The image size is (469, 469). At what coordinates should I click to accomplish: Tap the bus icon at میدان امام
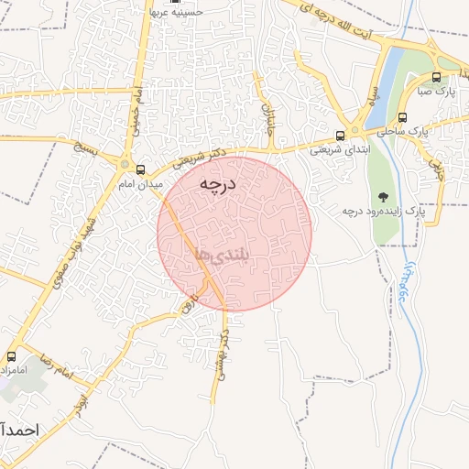point(140,169)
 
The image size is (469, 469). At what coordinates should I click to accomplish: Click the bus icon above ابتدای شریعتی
point(341,136)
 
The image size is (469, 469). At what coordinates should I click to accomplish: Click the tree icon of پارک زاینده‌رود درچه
point(382,196)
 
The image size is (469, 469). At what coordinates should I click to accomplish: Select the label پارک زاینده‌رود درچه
point(384,212)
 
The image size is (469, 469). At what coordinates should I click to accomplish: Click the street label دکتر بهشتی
point(219,354)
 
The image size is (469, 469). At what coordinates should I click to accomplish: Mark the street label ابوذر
point(85,401)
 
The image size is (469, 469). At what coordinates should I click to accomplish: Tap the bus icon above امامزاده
point(12,356)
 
